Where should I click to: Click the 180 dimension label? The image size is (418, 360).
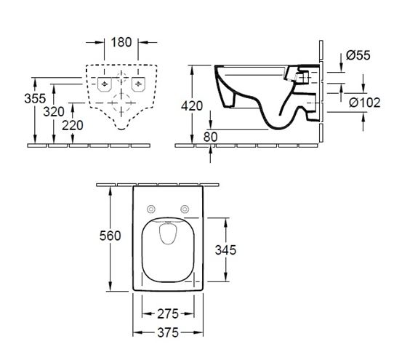121,42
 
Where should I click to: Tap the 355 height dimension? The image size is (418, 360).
35,98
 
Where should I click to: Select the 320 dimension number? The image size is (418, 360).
54,111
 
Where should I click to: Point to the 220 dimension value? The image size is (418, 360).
73,125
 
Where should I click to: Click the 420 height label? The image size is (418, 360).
192,106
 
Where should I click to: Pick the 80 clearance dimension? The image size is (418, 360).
211,137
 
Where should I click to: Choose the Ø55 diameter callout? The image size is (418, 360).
358,55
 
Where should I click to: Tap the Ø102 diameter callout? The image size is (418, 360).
365,103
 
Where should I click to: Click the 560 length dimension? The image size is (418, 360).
110,236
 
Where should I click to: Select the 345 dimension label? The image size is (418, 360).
225,250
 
